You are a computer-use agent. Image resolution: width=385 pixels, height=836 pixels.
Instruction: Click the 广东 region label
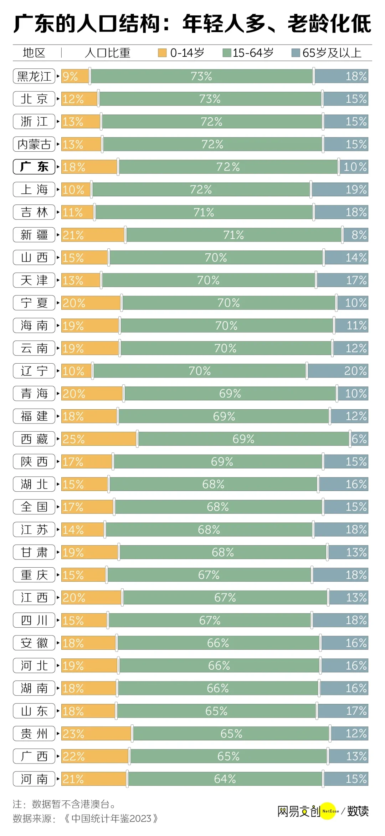(x=34, y=167)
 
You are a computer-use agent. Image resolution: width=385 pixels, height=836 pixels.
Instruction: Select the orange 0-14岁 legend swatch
(x=162, y=53)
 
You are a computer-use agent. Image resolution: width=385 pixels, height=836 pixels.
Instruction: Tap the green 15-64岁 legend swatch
(x=227, y=53)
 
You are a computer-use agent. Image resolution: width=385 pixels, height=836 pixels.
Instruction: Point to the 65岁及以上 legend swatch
(x=296, y=53)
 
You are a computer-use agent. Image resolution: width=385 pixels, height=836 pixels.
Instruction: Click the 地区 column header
(x=34, y=53)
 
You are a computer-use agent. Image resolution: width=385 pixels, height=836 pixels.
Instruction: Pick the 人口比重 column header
(x=108, y=53)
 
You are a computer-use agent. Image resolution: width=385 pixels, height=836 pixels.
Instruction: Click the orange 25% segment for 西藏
(x=99, y=439)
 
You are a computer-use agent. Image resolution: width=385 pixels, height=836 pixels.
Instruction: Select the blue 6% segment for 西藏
(x=359, y=439)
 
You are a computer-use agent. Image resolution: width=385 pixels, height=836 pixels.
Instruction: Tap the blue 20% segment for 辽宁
(x=338, y=371)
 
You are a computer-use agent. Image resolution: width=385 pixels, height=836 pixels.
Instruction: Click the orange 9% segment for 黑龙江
(x=75, y=76)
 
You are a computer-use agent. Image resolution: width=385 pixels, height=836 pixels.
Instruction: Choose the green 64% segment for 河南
(x=225, y=779)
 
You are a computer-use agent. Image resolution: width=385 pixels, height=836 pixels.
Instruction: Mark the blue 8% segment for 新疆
(x=355, y=235)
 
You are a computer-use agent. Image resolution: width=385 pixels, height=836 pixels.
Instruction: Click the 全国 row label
(x=34, y=507)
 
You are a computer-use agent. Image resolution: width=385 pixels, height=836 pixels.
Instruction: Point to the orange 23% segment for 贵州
(x=97, y=734)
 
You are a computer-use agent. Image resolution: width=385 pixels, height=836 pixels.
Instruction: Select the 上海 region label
(x=34, y=189)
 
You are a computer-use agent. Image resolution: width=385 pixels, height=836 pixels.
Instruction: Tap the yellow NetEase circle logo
(x=328, y=811)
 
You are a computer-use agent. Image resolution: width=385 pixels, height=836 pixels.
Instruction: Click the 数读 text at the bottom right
(x=358, y=811)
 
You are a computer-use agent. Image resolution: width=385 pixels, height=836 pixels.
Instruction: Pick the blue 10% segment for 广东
(x=354, y=167)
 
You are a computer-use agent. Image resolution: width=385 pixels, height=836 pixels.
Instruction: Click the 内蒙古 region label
(x=34, y=144)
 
